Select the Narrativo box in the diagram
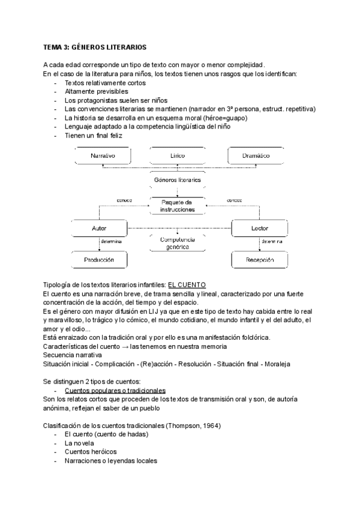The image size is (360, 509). (103, 156)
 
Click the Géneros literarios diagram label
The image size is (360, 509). (177, 179)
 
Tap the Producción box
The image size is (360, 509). (99, 260)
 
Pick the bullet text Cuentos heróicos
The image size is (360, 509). (91, 451)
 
